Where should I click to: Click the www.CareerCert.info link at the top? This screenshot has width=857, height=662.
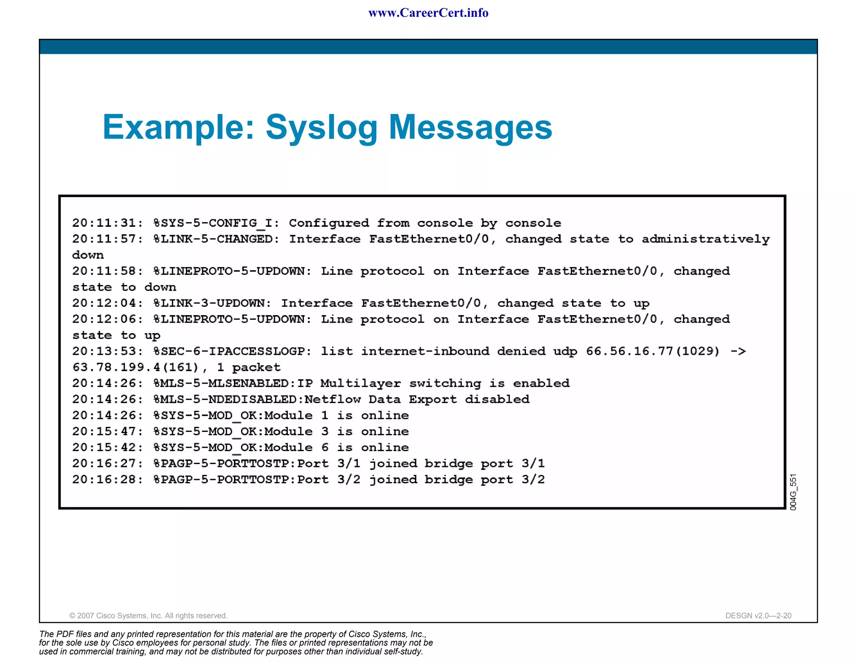[428, 13]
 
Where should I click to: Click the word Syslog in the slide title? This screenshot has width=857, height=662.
[321, 128]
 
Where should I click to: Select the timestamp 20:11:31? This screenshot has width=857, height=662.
[107, 223]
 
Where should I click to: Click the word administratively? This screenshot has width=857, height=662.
[706, 239]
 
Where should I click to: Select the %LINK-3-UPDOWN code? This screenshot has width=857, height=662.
[212, 303]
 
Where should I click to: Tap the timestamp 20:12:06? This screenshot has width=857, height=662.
[107, 319]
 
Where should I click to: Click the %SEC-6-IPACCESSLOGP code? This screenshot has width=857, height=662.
[232, 351]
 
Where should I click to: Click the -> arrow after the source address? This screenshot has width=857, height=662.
[738, 351]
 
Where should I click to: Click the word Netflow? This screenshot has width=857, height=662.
[332, 399]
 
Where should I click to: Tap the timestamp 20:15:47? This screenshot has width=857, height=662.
[107, 431]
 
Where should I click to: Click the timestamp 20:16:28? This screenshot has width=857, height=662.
[107, 480]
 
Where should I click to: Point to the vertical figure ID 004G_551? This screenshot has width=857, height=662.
[793, 492]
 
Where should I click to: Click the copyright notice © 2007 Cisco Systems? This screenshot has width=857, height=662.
[148, 616]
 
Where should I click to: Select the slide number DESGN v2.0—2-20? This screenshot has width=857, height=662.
[758, 616]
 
